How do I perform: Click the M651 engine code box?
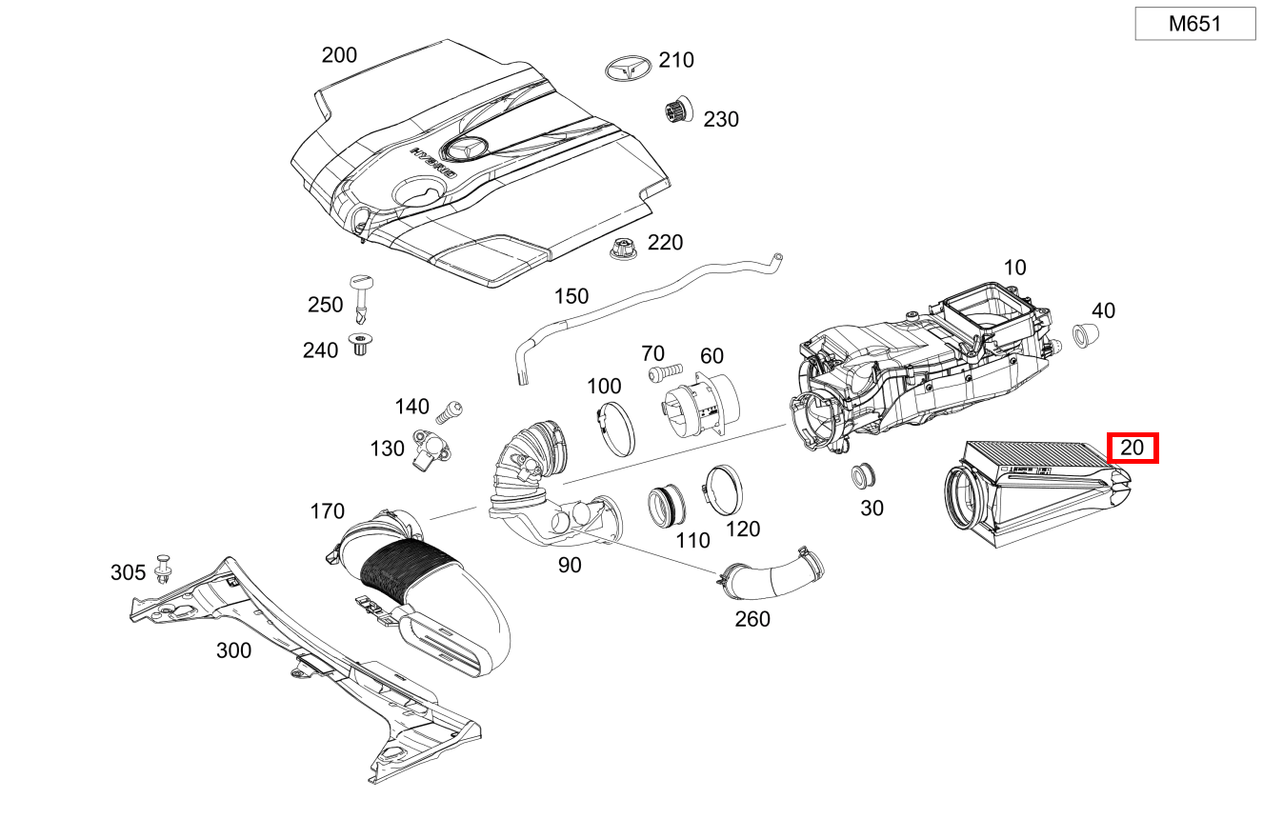(x=1194, y=24)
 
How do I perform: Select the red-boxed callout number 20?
(x=1132, y=448)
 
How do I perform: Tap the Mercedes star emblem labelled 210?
(x=628, y=70)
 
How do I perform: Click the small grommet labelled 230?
(x=677, y=111)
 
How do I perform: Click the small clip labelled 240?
(x=361, y=345)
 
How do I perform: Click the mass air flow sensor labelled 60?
(x=693, y=411)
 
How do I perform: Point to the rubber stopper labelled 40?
(x=1084, y=336)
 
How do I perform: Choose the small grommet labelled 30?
(x=864, y=473)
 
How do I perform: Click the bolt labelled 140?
(x=449, y=411)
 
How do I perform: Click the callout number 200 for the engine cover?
(x=339, y=55)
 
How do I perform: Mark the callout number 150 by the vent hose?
(x=571, y=296)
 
